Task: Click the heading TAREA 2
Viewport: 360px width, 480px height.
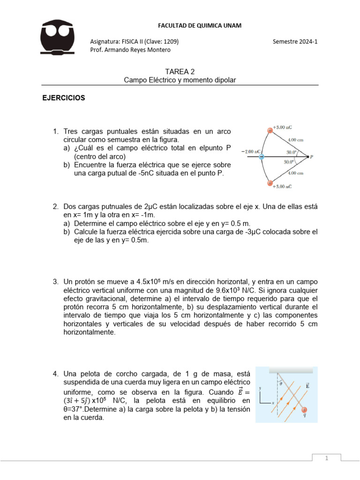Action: point(180,72)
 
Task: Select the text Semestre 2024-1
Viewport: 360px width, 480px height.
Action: point(295,41)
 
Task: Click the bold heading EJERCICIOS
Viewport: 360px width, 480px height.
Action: point(64,98)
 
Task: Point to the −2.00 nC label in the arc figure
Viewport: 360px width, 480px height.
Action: point(250,152)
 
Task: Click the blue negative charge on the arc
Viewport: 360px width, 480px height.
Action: point(262,157)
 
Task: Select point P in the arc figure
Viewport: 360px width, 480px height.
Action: point(312,157)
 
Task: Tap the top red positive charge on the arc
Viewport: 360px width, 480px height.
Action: point(270,131)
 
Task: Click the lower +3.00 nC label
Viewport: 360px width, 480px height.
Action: point(282,187)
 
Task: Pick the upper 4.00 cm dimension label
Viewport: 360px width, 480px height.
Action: point(295,140)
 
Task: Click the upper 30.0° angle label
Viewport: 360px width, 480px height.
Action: point(292,152)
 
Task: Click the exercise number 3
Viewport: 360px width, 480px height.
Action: point(55,282)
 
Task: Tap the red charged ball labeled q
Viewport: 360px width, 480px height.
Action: point(304,409)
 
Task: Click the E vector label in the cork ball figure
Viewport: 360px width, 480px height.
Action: point(307,386)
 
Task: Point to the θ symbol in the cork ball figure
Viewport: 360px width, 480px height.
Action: point(281,383)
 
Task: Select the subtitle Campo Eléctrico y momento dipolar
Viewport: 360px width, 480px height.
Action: point(180,80)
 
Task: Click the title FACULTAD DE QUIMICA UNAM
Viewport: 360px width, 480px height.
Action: point(200,25)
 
